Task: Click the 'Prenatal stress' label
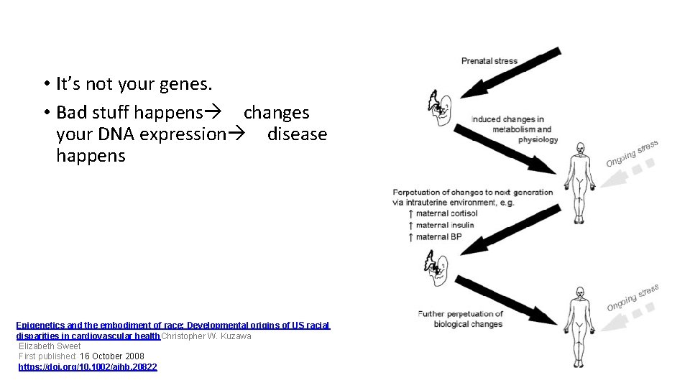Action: [489, 61]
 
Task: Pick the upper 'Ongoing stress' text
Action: [632, 152]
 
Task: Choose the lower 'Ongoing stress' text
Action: [632, 297]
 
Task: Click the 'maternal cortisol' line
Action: [442, 213]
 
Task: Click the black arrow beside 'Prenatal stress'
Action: [510, 73]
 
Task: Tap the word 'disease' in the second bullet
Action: [297, 134]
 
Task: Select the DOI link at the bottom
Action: [88, 367]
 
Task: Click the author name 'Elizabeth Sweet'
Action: [50, 346]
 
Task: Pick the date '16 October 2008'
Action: [112, 356]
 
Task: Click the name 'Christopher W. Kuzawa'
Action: [206, 336]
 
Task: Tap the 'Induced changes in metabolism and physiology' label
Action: [515, 129]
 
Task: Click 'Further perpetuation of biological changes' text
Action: [460, 319]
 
